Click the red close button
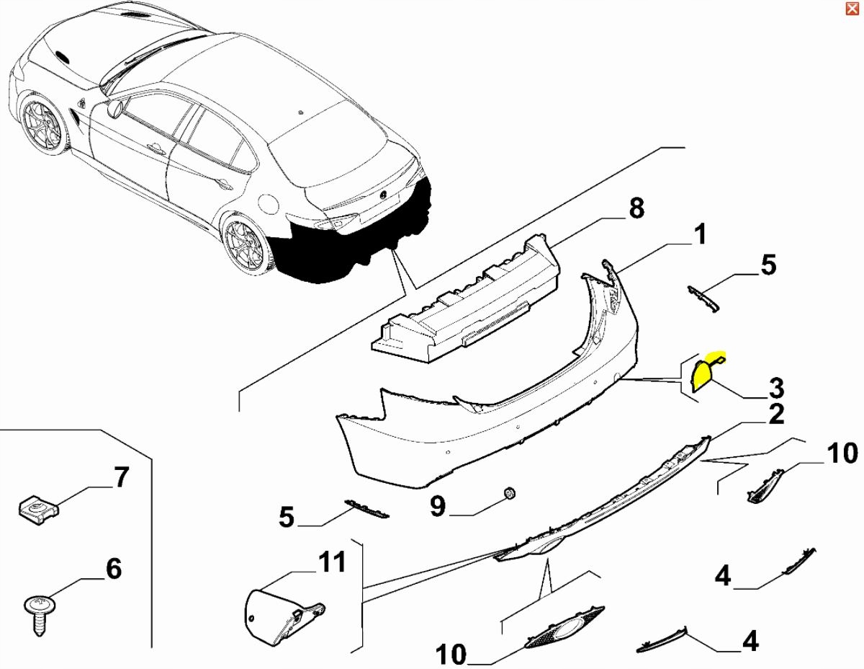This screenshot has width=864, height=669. click(852, 9)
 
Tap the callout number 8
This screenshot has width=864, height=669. click(636, 208)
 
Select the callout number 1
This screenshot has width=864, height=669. click(700, 234)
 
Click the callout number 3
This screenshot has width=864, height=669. click(776, 388)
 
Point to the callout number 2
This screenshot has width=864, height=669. click(776, 415)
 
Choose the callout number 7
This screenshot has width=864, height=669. click(121, 477)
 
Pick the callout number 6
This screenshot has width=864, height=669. click(114, 569)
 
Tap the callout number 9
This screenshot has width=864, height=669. click(438, 506)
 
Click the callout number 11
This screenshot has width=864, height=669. click(332, 562)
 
